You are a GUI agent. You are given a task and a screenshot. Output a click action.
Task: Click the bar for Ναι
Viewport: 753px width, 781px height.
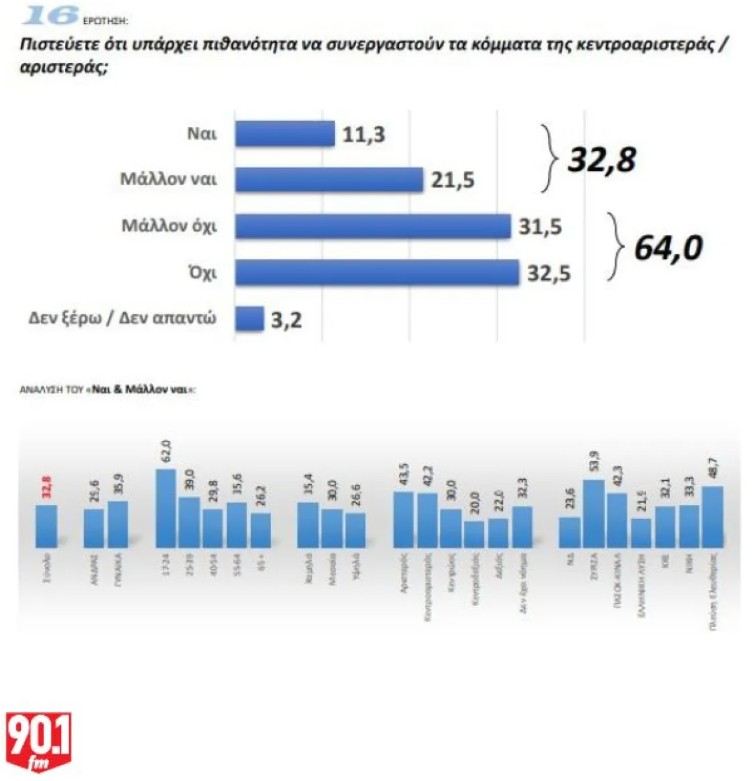(284, 134)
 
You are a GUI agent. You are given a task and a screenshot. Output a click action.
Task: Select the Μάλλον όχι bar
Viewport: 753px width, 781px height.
(372, 226)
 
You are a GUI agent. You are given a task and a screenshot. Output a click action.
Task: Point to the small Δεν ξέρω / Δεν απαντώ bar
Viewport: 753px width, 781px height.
(249, 319)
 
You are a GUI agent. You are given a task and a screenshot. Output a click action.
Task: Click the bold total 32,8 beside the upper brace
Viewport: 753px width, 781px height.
(604, 157)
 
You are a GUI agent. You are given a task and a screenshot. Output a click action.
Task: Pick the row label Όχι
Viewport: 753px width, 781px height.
(204, 272)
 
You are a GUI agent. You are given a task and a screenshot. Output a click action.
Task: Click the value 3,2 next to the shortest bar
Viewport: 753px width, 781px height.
(286, 320)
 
